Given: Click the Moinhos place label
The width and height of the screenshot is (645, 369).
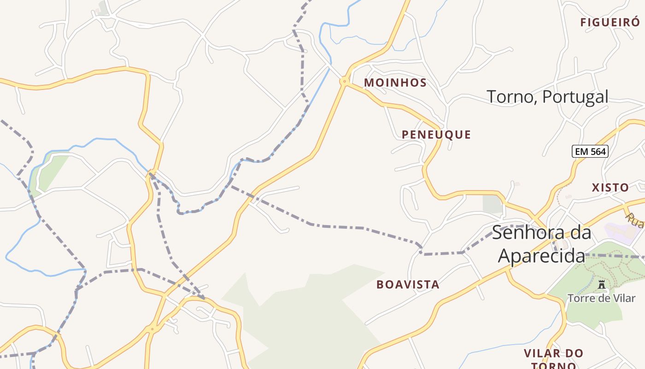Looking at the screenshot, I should coord(395,83).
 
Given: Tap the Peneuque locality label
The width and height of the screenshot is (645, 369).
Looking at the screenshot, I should coord(436,135).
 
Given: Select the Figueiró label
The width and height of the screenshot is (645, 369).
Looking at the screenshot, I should coord(610,22).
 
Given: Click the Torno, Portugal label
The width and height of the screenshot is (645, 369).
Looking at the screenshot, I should coord(547,97).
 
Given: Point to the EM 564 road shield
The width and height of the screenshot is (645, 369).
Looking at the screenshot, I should coord(590,151).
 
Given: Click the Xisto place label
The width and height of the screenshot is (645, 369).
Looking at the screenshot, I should coord(610,188).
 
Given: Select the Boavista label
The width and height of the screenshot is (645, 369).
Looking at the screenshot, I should coord(408,285).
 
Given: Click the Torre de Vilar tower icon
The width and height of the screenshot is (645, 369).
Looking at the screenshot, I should coord(601,285).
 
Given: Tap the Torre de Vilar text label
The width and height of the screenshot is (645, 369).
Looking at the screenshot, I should coord(601,298).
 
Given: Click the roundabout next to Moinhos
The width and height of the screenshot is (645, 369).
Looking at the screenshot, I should coord(344,82).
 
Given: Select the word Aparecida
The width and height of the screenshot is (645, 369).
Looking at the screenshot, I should coord(541,256).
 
